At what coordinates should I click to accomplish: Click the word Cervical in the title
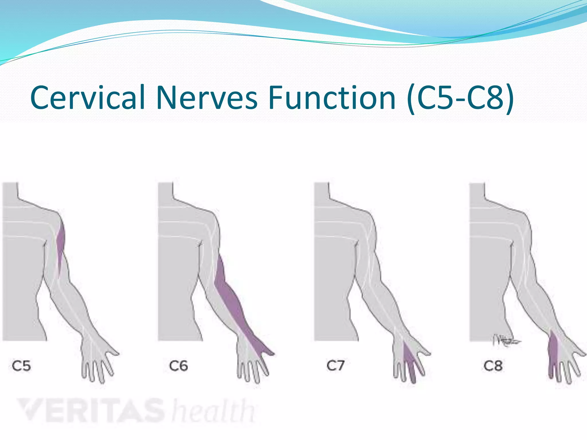[88, 98]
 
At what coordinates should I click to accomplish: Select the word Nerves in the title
[207, 98]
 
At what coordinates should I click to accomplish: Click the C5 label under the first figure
[21, 366]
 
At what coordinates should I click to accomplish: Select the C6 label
[178, 366]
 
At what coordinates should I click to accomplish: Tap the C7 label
[335, 366]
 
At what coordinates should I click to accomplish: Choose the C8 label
[493, 366]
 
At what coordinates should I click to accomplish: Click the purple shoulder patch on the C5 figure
[60, 243]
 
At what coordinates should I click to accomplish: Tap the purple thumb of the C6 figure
[267, 351]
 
